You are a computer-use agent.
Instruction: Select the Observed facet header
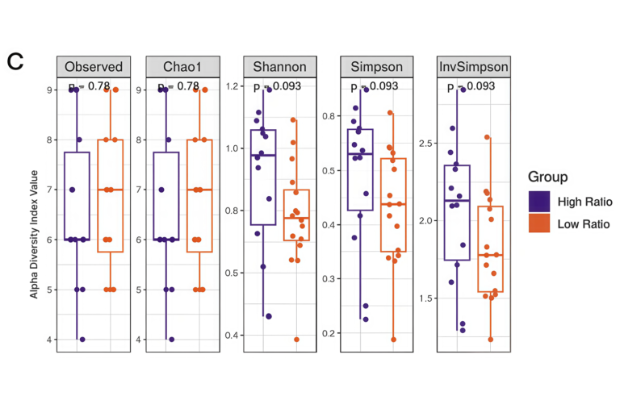(x=94, y=67)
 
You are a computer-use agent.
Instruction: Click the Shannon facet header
(x=279, y=67)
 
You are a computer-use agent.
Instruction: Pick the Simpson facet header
(x=375, y=67)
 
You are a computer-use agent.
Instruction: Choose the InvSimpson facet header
(x=473, y=67)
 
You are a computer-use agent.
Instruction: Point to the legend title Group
(x=547, y=177)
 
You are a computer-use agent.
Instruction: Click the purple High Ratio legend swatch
(x=538, y=201)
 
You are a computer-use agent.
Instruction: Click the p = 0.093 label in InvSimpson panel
(x=473, y=86)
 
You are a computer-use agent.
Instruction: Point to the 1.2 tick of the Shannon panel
(x=232, y=86)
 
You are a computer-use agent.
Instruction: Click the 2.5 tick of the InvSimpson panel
(x=425, y=143)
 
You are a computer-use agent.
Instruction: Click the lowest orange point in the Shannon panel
(x=296, y=339)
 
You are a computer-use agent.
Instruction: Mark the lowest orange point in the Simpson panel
(x=394, y=339)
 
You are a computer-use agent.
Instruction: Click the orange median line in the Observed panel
(x=111, y=190)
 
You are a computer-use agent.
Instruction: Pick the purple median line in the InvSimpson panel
(x=457, y=200)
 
